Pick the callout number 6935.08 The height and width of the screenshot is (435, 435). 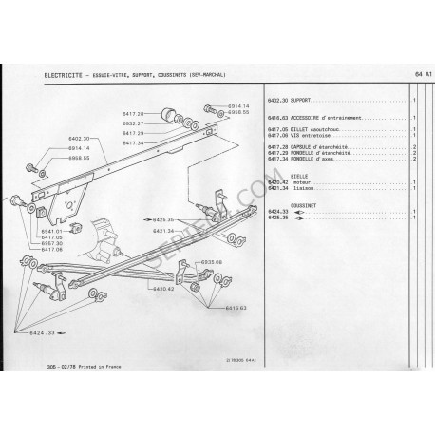pos(210,261)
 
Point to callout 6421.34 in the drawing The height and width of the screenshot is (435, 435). pos(167,229)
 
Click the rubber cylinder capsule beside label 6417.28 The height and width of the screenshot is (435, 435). pos(174,115)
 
